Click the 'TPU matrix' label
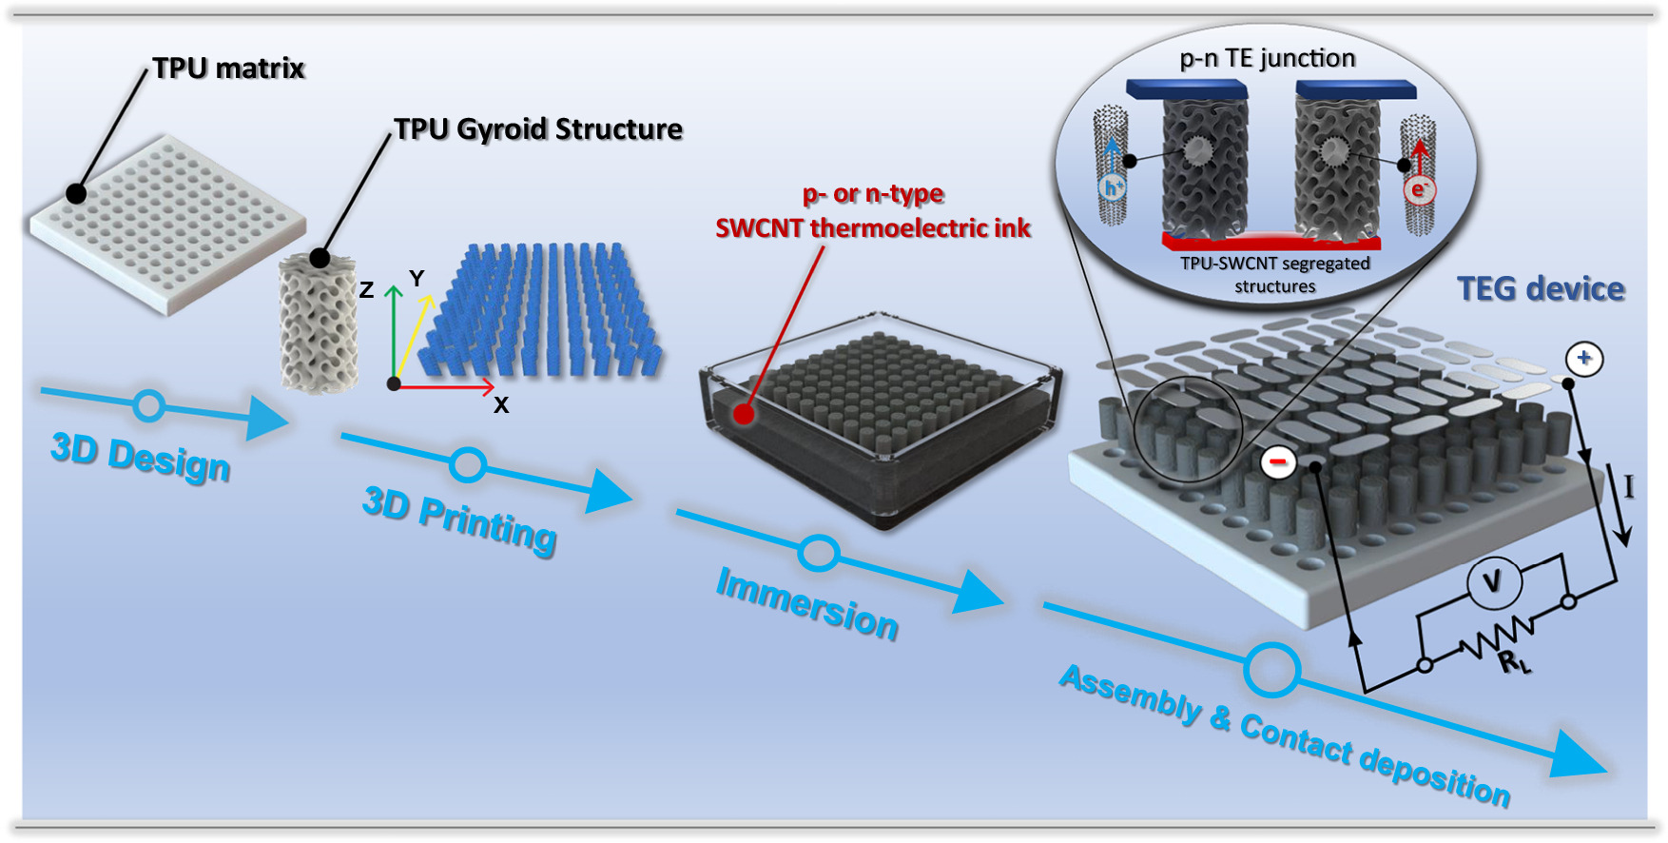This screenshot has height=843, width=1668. (x=228, y=69)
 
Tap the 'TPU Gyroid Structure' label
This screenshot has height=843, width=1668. (x=538, y=129)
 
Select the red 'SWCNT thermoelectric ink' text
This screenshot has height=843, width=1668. (x=872, y=228)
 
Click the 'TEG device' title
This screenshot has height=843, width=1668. (x=1541, y=289)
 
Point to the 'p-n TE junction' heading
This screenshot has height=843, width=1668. (x=1268, y=59)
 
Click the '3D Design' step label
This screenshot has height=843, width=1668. (x=141, y=458)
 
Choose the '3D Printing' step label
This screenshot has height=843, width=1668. (x=459, y=519)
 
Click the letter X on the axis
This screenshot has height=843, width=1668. (x=501, y=405)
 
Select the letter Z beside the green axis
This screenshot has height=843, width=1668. (x=366, y=291)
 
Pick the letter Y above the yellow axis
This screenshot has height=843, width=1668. (x=417, y=279)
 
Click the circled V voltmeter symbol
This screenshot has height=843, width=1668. (x=1492, y=581)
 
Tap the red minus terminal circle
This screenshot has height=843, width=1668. (x=1278, y=462)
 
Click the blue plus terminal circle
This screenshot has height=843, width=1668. (x=1584, y=359)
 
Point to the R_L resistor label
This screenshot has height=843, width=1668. (x=1514, y=660)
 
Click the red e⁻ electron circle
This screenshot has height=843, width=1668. (x=1418, y=190)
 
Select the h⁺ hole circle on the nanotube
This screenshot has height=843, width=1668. (x=1111, y=187)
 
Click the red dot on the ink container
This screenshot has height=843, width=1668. (x=744, y=414)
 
